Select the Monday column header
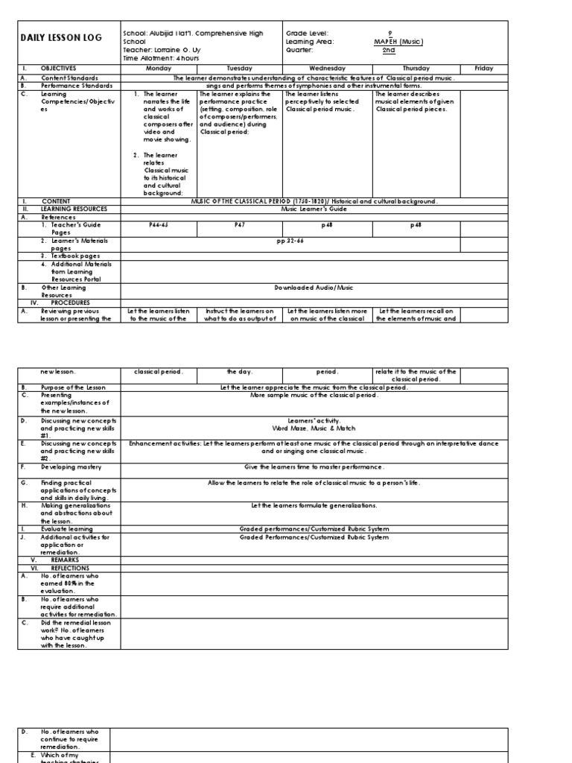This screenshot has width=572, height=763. (159, 68)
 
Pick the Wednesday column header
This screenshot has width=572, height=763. (327, 68)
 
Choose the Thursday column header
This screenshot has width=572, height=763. (416, 68)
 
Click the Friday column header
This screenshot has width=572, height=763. (483, 68)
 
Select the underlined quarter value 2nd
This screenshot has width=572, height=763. (389, 50)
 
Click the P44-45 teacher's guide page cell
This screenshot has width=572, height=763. (159, 224)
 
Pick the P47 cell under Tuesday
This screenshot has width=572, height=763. (239, 224)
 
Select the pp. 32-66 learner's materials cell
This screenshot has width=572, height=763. (290, 241)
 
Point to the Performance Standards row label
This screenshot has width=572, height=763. (77, 86)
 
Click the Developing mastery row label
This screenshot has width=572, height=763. (71, 466)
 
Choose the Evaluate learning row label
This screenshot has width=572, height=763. (68, 528)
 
